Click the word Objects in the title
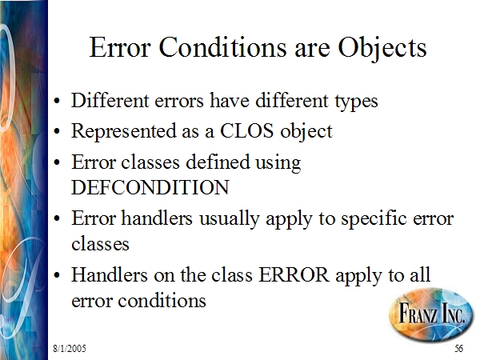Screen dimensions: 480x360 pos(382,48)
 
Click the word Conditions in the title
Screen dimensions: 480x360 pos(223,47)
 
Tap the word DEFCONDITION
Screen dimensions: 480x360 pos(150,187)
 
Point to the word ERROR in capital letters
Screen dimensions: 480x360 pos(294,274)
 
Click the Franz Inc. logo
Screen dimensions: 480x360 pos(431,314)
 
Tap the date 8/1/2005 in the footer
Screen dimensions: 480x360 pos(70,348)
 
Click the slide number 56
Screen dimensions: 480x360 pos(459,348)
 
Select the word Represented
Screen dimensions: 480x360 pos(124,131)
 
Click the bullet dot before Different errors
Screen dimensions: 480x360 pos(56,101)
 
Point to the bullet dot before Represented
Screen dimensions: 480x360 pos(56,132)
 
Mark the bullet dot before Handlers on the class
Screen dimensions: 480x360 pos(56,275)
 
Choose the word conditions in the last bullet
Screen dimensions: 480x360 pos(162,300)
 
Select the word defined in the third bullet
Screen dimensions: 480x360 pos(218,162)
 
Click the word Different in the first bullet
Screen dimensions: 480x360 pos(110,100)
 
